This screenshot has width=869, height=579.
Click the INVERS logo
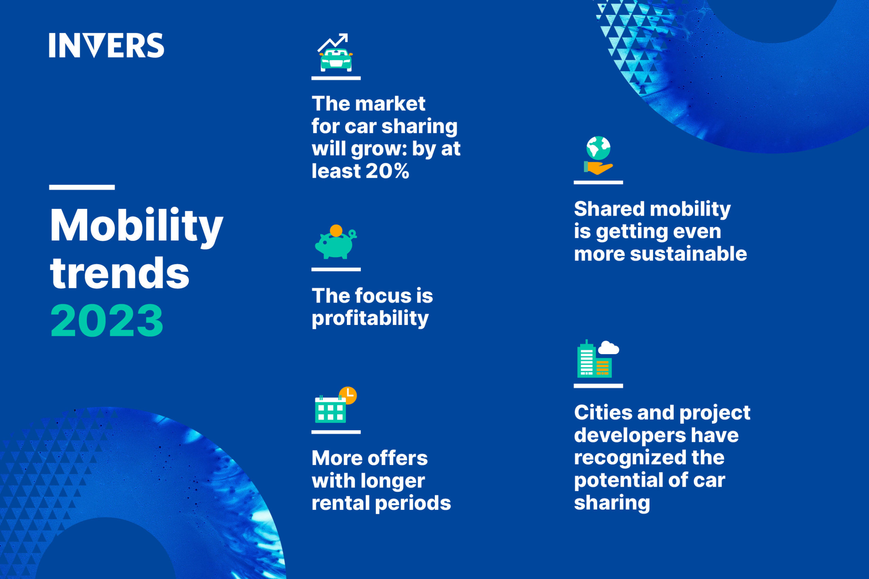(106, 45)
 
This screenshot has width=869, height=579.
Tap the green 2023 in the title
(107, 321)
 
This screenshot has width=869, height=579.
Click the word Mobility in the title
(136, 226)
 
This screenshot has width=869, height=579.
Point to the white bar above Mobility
(82, 187)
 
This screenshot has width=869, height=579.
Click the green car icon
(336, 60)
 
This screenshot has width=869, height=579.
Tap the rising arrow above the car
(333, 42)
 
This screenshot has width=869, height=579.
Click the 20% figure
(387, 171)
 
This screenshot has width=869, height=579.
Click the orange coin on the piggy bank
(336, 230)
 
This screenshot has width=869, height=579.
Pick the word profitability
(370, 318)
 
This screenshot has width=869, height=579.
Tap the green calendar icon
(330, 409)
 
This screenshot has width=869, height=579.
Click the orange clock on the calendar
(348, 395)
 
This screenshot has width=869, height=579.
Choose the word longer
(393, 481)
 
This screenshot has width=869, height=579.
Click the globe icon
(598, 148)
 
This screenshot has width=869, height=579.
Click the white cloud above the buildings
(608, 348)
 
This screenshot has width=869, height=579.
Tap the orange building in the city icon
(603, 367)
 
